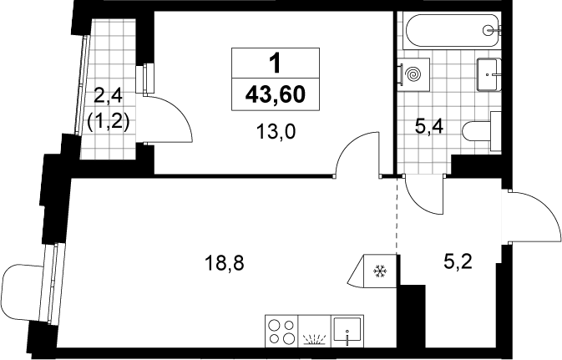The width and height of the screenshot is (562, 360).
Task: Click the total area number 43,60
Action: pyautogui.click(x=276, y=95)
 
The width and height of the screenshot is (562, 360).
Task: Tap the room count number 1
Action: pyautogui.click(x=276, y=63)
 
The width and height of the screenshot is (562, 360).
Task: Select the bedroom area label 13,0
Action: pyautogui.click(x=276, y=132)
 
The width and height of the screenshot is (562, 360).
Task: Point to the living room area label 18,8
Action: pyautogui.click(x=224, y=263)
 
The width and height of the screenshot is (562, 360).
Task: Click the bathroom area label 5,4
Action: pyautogui.click(x=429, y=127)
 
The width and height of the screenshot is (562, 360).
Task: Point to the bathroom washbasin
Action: pyautogui.click(x=489, y=74)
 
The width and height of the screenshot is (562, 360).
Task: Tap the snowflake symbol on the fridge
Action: pyautogui.click(x=380, y=271)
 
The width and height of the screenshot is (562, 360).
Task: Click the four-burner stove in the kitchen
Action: pyautogui.click(x=281, y=332)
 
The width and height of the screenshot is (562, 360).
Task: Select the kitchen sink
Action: pyautogui.click(x=347, y=332)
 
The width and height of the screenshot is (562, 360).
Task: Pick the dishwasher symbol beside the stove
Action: pyautogui.click(x=315, y=332)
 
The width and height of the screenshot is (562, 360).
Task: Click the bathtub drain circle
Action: pyautogui.click(x=489, y=30)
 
